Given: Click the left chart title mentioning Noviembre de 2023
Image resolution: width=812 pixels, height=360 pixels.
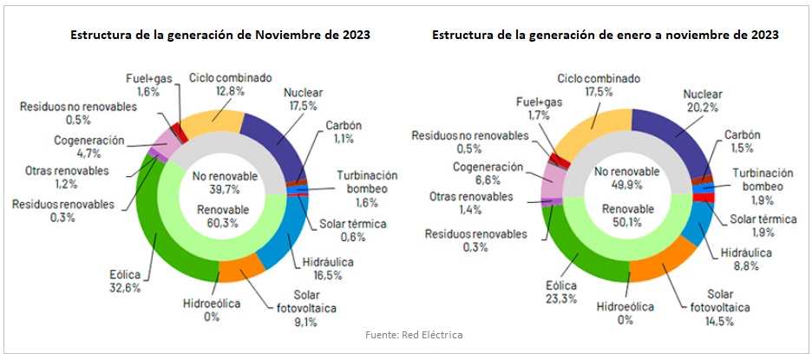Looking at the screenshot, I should (221, 36).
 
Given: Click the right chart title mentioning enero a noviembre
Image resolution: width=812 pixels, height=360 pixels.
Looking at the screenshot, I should (605, 36).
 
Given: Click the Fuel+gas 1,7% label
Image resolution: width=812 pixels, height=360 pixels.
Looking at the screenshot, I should (534, 108).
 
